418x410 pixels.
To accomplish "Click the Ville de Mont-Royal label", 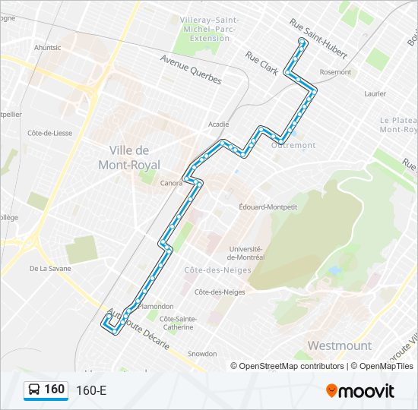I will click(129, 157).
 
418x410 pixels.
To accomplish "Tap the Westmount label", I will click(339, 345).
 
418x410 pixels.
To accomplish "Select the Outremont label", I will click(299, 145).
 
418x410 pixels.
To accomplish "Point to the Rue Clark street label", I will click(261, 62).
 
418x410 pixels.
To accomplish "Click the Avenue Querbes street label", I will click(190, 69).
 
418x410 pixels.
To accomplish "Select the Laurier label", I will click(375, 94).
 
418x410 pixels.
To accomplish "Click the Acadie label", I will click(218, 124).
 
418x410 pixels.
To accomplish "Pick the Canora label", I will click(171, 183).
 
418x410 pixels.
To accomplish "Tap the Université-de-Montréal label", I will click(245, 253).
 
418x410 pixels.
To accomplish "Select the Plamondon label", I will click(157, 306).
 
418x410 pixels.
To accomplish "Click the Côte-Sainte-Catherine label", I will click(177, 323).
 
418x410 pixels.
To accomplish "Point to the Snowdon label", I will click(202, 354).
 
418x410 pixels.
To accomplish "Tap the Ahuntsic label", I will click(47, 47).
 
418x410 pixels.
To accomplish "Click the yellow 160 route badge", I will click(46, 389).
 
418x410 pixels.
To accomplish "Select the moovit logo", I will click(360, 391).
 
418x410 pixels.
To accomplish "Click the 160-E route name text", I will click(91, 391).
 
